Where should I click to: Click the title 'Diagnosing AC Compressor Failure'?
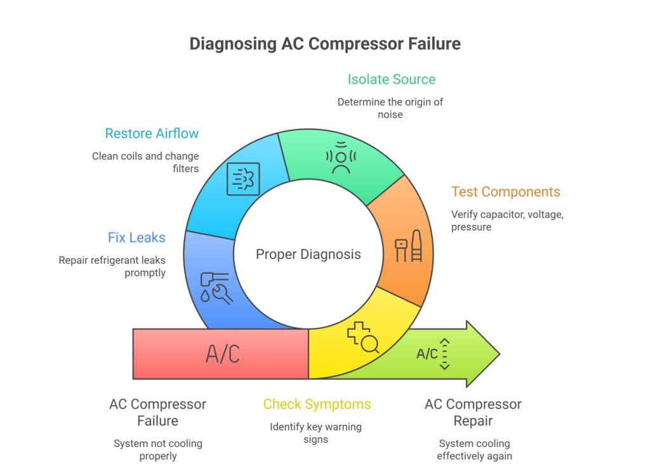(324, 44)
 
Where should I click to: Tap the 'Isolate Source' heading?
(391, 79)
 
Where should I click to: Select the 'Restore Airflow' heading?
(152, 133)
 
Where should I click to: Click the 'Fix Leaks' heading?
(136, 238)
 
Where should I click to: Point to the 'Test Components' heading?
(505, 192)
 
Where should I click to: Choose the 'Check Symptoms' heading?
(317, 404)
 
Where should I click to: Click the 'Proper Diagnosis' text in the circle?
(308, 255)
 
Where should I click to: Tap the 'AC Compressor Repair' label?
(473, 412)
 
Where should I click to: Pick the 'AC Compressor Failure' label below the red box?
(157, 412)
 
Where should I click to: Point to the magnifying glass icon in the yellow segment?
(362, 337)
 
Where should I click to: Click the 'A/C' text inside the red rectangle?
(223, 354)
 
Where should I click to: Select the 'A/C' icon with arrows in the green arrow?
(434, 354)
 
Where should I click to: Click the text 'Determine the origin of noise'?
(390, 108)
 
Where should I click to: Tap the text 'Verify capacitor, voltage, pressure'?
(507, 220)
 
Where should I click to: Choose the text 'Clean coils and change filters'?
(145, 162)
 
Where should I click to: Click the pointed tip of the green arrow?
(498, 354)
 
